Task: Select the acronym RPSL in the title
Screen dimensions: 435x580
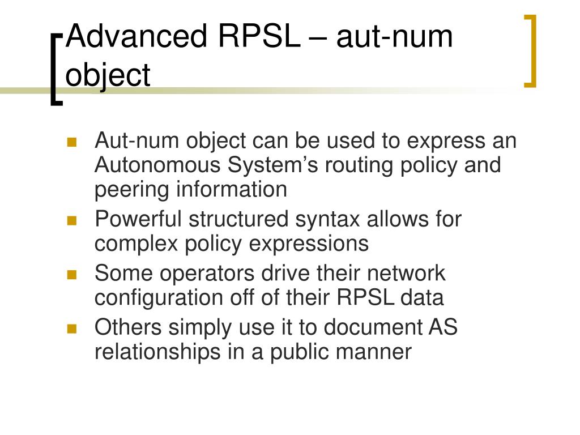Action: (258, 38)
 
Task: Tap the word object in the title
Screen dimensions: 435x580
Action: (108, 75)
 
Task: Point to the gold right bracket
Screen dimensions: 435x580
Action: (531, 51)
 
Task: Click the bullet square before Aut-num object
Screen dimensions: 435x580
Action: (71, 142)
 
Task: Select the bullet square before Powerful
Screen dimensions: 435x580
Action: (71, 220)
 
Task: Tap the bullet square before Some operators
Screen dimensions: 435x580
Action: (71, 275)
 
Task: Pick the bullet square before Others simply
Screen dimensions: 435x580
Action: (71, 329)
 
